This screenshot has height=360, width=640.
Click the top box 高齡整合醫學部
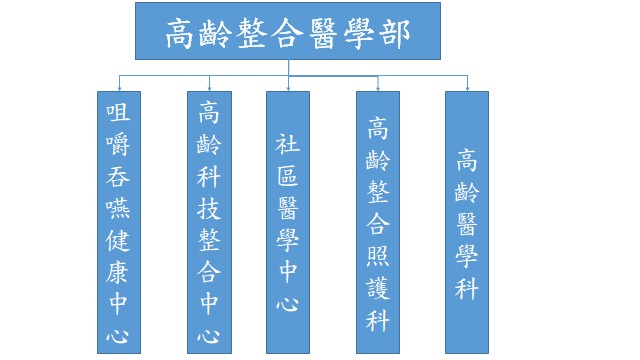[288, 31]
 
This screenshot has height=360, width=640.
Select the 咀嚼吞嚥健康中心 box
[118, 221]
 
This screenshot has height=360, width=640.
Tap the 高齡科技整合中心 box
[209, 221]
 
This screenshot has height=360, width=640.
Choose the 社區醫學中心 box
[287, 221]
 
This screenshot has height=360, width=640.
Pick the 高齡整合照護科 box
[378, 221]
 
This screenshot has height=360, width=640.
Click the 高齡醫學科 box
[466, 221]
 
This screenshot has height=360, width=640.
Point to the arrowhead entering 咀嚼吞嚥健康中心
[118, 87]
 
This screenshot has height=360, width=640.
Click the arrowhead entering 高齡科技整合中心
[209, 87]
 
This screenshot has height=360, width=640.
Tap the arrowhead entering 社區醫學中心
[288, 87]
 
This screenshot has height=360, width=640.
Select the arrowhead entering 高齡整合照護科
[378, 87]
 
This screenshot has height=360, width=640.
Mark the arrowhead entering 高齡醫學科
[466, 87]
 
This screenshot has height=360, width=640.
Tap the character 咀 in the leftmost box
[118, 112]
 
